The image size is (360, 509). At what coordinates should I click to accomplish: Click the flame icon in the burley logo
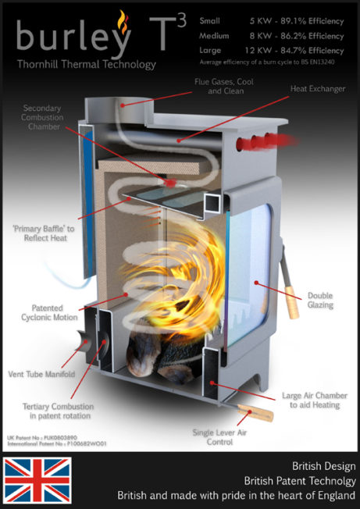(123, 21)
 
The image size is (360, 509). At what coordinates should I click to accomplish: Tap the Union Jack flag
(37, 480)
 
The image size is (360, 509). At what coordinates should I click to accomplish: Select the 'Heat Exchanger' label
(318, 89)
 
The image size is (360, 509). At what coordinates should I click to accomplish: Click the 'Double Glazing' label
(320, 301)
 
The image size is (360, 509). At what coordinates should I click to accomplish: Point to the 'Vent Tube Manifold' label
(41, 374)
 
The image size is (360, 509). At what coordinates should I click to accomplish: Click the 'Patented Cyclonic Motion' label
(49, 312)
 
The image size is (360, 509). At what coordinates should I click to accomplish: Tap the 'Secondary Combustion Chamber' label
(42, 117)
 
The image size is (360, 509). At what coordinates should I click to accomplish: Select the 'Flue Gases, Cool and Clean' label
(224, 86)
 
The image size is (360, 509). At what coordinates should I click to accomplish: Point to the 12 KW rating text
(257, 51)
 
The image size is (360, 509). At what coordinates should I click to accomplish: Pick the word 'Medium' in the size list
(214, 36)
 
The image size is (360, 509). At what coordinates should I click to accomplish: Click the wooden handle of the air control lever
(255, 412)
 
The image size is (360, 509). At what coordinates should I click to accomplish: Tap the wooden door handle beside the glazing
(292, 301)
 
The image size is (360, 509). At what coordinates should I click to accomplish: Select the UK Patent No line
(42, 438)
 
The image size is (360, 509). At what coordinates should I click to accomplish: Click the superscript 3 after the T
(182, 21)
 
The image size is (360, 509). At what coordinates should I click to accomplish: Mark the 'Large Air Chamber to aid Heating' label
(315, 400)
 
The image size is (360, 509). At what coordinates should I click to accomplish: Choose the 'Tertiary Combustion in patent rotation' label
(58, 411)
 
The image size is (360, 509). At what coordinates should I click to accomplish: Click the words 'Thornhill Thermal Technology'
(87, 64)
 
